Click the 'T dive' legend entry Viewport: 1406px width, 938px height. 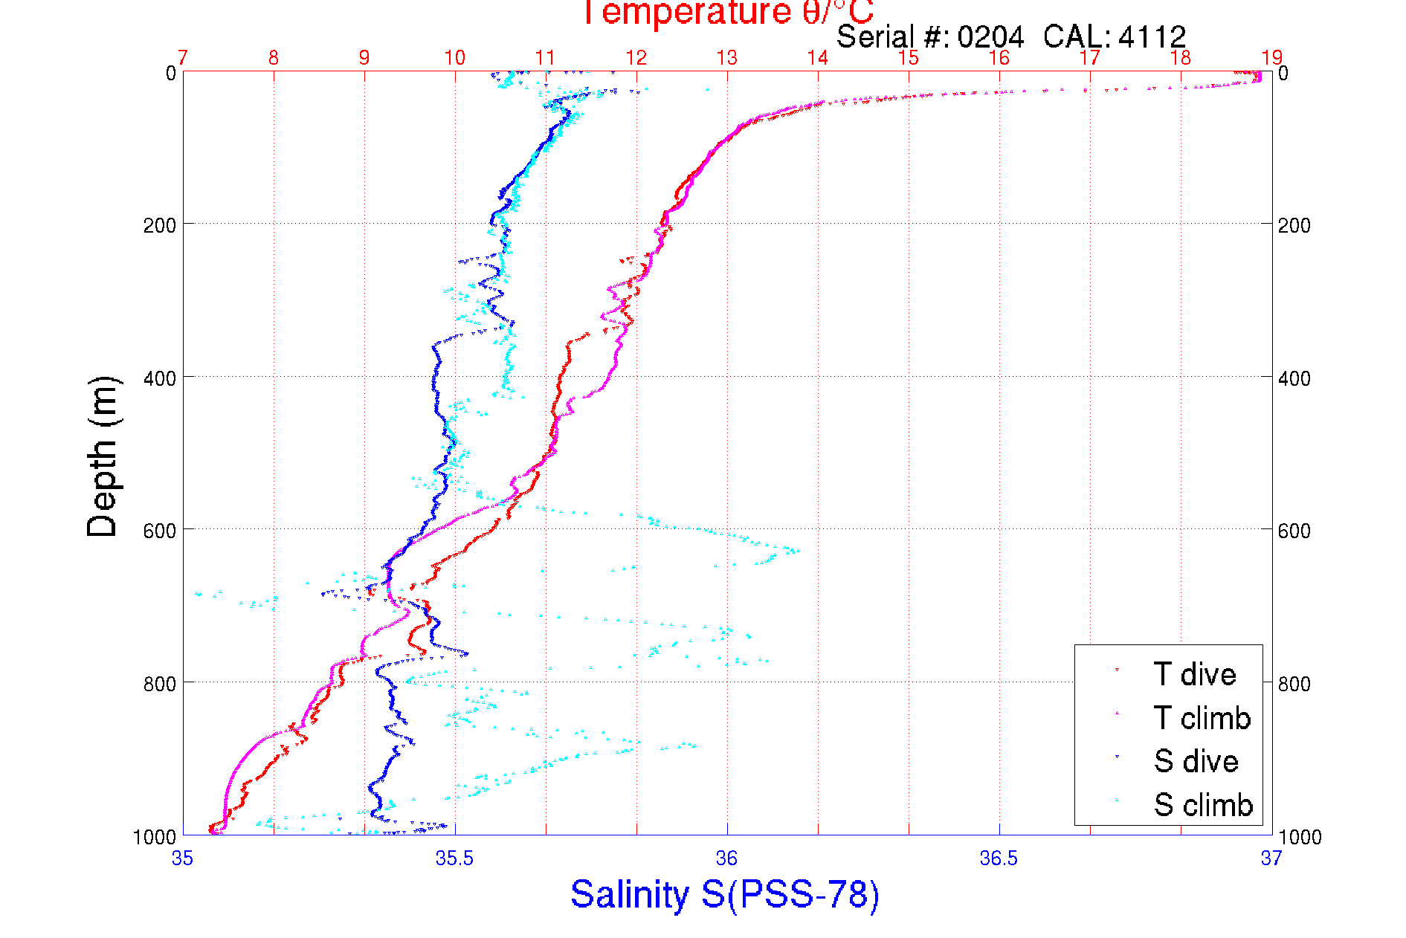pyautogui.click(x=1194, y=674)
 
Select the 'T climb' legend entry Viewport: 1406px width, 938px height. pyautogui.click(x=1202, y=718)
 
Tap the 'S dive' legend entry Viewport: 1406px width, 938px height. pyautogui.click(x=1196, y=761)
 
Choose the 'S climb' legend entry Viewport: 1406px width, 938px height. pyautogui.click(x=1203, y=805)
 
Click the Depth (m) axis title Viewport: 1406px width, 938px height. pyautogui.click(x=103, y=456)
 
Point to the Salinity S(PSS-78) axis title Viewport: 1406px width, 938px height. pyautogui.click(x=725, y=894)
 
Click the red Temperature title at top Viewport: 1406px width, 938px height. pyautogui.click(x=727, y=13)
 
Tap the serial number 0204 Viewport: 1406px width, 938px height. pyautogui.click(x=990, y=36)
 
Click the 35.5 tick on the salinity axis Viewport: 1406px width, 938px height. pyautogui.click(x=454, y=858)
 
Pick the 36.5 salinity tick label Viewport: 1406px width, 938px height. pyautogui.click(x=999, y=858)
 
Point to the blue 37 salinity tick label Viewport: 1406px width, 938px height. pyautogui.click(x=1271, y=858)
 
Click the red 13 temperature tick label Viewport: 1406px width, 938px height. pyautogui.click(x=726, y=58)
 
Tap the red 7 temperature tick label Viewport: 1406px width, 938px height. pyautogui.click(x=183, y=58)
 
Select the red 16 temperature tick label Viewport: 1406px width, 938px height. pyautogui.click(x=999, y=58)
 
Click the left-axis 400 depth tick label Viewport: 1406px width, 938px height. pyautogui.click(x=159, y=378)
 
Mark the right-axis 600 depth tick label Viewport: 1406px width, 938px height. pyautogui.click(x=1294, y=531)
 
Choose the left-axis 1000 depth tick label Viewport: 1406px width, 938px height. pyautogui.click(x=155, y=837)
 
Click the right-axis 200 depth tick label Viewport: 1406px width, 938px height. pyautogui.click(x=1294, y=225)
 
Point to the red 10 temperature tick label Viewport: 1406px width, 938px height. pyautogui.click(x=454, y=58)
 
